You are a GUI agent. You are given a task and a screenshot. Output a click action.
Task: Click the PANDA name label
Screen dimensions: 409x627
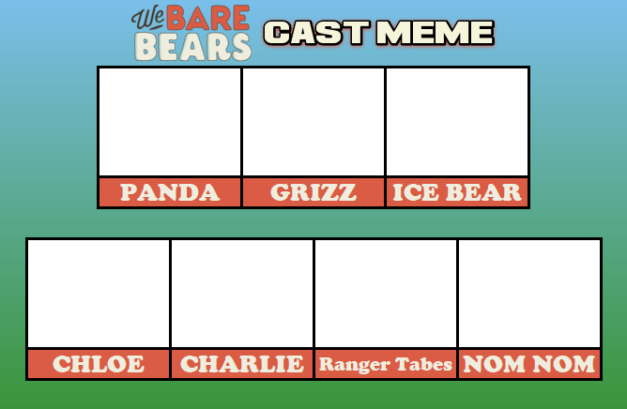pos(170,192)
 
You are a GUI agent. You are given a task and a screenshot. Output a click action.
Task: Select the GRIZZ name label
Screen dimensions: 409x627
pos(313,192)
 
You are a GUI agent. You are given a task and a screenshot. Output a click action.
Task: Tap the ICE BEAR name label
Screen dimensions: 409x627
pos(457,192)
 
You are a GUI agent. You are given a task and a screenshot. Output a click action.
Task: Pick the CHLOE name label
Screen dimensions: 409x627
pos(99,364)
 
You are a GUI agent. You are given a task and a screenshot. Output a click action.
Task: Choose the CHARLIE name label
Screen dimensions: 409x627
pos(242,364)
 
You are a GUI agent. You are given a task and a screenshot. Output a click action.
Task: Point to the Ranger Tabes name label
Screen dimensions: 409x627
pos(386,364)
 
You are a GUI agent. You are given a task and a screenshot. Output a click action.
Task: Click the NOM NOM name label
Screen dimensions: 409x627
pos(529,364)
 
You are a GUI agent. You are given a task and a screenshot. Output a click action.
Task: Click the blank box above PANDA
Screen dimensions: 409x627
pos(170,122)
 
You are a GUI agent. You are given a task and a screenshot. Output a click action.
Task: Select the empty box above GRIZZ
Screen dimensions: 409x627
pos(313,122)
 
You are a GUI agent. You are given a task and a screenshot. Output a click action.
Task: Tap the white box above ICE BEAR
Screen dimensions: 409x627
pos(457,122)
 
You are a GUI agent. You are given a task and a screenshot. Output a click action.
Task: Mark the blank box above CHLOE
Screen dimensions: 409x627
pos(99,294)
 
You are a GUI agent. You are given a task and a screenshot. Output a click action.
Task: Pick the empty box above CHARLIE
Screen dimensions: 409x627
pos(242,294)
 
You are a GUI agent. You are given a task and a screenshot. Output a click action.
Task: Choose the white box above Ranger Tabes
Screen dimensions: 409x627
pos(386,294)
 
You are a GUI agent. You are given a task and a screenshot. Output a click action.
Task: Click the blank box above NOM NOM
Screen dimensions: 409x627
pos(529,294)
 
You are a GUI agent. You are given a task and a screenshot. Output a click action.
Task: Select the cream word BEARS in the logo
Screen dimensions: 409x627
pos(192,46)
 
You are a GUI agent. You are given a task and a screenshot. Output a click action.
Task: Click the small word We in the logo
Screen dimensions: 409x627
pos(147,19)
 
